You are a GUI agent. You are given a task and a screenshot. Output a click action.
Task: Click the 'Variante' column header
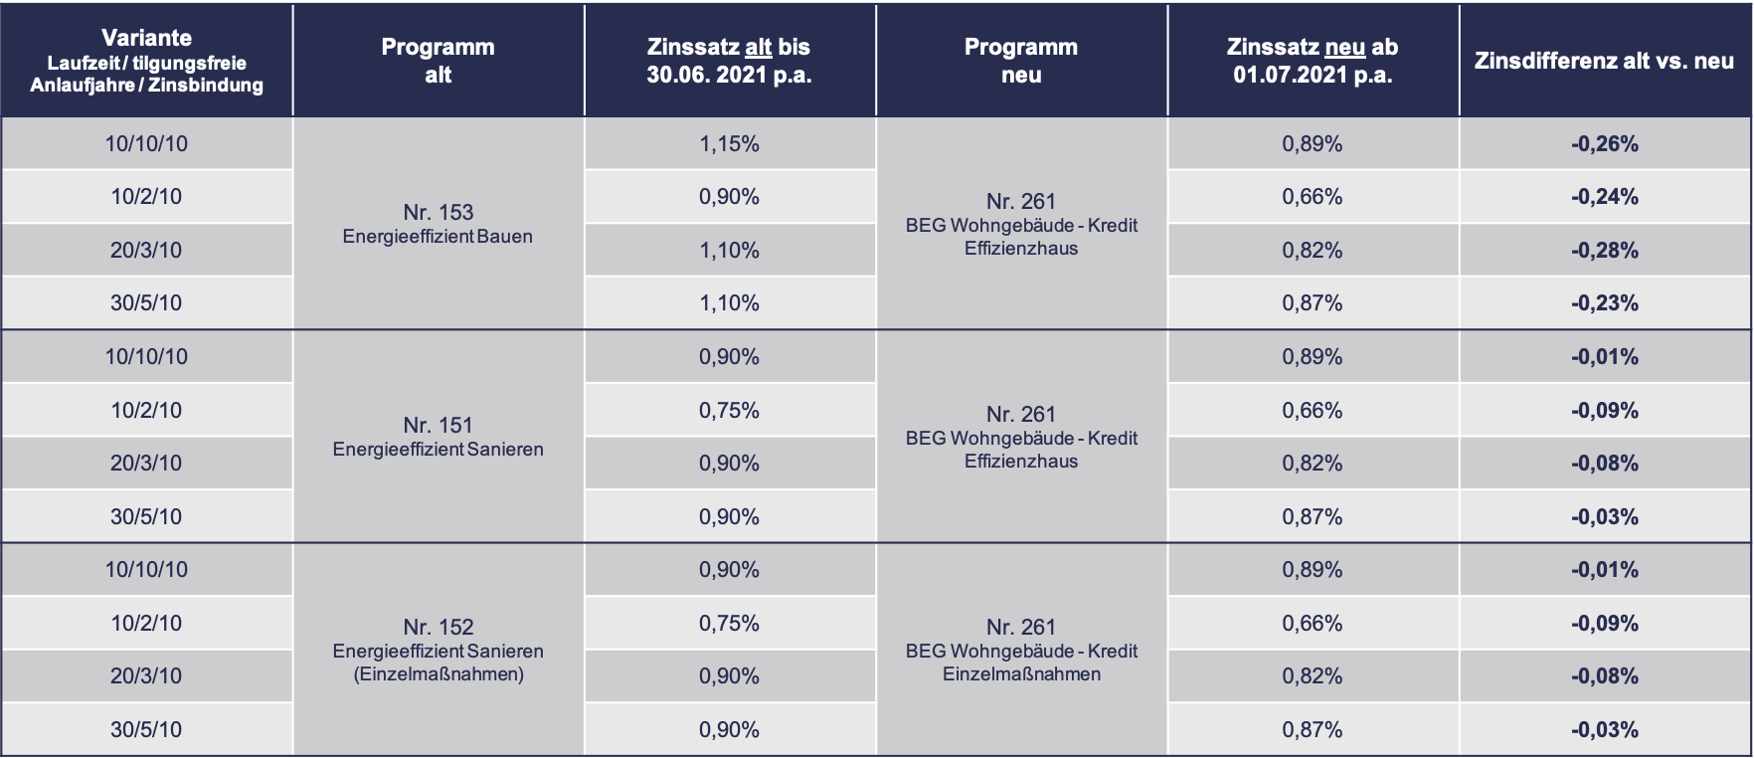tap(146, 38)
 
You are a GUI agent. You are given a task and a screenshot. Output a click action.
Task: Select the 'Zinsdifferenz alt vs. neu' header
tap(1604, 61)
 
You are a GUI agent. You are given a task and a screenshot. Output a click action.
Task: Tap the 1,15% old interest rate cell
tap(729, 144)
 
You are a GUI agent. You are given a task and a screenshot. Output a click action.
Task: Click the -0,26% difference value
tap(1605, 144)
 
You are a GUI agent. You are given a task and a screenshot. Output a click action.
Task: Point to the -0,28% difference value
tap(1605, 251)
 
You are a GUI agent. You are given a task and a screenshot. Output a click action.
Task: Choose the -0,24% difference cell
tap(1605, 197)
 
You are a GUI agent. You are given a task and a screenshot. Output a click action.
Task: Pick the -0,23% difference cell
tap(1605, 303)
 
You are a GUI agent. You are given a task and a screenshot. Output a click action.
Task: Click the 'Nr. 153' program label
tap(438, 212)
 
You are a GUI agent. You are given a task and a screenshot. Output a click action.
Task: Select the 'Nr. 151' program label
tap(438, 425)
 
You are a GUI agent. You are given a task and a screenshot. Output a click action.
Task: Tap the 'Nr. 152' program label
tap(438, 627)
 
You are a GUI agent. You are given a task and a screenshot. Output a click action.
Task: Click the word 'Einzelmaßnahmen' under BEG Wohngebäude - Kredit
tap(1021, 674)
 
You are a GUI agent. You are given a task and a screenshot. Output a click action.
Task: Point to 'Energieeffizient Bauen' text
tap(438, 237)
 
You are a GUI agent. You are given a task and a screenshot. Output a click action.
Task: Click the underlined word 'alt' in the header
tap(758, 47)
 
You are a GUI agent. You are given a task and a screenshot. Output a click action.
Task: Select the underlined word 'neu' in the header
tap(1345, 47)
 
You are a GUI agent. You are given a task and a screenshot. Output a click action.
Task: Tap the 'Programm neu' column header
tap(1021, 61)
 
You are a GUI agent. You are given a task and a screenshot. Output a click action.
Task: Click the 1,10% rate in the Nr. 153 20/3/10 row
tap(729, 251)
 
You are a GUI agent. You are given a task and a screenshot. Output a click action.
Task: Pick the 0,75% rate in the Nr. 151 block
tap(729, 410)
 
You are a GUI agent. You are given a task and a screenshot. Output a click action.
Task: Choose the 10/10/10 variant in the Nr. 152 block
tap(146, 570)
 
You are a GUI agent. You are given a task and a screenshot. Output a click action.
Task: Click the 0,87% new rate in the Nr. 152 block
tap(1312, 730)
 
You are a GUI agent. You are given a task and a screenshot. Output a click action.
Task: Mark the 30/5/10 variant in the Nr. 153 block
tap(146, 303)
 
